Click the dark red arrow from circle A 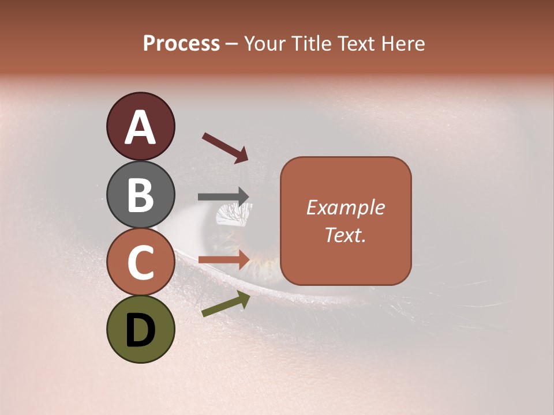pyautogui.click(x=224, y=148)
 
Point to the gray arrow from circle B pyautogui.click(x=223, y=197)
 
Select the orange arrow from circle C pyautogui.click(x=223, y=261)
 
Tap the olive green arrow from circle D pyautogui.click(x=226, y=304)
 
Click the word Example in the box pyautogui.click(x=346, y=207)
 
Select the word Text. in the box pyautogui.click(x=346, y=235)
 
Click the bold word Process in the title pyautogui.click(x=181, y=43)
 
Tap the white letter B pyautogui.click(x=141, y=195)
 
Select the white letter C pyautogui.click(x=141, y=262)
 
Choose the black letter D pyautogui.click(x=141, y=330)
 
